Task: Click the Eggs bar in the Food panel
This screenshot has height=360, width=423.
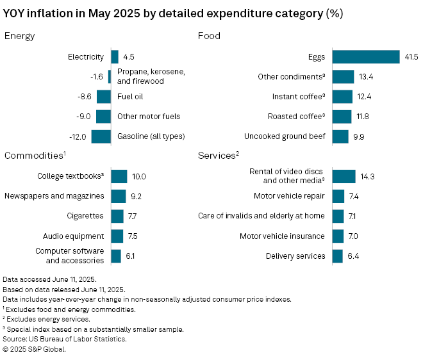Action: click(x=365, y=57)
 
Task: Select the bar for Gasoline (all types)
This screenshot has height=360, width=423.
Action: click(x=101, y=136)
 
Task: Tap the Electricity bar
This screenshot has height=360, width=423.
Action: click(x=115, y=57)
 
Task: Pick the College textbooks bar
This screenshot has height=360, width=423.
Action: click(x=119, y=176)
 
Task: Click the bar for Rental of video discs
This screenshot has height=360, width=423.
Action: click(x=344, y=176)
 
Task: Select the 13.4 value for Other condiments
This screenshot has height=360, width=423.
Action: click(x=366, y=77)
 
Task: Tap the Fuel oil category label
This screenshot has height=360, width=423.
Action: click(x=130, y=97)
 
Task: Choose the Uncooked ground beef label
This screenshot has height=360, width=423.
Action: click(x=285, y=136)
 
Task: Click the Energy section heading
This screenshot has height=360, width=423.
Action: click(x=19, y=36)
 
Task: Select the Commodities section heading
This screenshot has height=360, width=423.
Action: click(x=34, y=156)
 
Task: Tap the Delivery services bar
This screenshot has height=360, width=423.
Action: click(x=338, y=256)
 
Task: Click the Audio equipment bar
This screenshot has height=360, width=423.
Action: click(x=117, y=236)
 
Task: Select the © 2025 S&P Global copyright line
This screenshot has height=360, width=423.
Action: click(x=34, y=349)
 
